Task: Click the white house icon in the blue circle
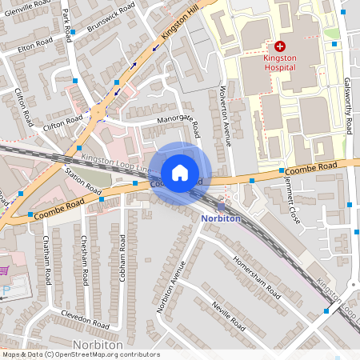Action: (x=180, y=172)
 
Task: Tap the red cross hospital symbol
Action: (x=280, y=47)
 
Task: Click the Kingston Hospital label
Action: (x=280, y=62)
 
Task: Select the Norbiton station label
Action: (x=222, y=218)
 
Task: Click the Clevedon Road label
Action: (x=83, y=320)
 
